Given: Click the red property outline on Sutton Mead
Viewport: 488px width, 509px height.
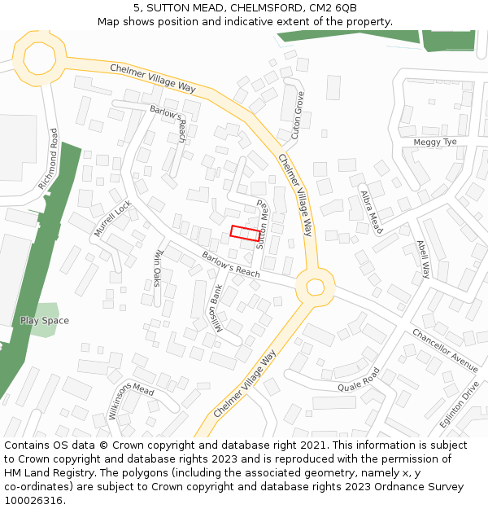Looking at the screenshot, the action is click(245, 233).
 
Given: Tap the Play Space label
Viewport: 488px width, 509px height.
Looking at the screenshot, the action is click(44, 321).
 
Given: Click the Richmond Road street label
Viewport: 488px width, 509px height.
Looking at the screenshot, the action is click(49, 159).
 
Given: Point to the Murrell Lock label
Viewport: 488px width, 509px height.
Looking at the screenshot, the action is click(111, 218).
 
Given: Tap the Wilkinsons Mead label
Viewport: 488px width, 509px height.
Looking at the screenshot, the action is click(131, 401).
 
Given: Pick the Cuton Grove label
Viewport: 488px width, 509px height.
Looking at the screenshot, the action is click(298, 114).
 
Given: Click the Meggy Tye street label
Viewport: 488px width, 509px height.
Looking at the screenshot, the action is click(435, 142).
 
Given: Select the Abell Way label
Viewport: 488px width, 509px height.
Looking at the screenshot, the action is click(423, 259).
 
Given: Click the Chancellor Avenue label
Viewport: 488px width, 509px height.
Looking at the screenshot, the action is click(445, 349).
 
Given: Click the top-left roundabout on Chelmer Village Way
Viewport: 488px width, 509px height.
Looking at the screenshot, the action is click(38, 57).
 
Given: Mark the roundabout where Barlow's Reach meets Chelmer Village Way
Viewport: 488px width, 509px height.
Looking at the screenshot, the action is click(314, 286).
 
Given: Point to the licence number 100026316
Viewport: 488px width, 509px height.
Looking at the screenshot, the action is click(33, 501).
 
